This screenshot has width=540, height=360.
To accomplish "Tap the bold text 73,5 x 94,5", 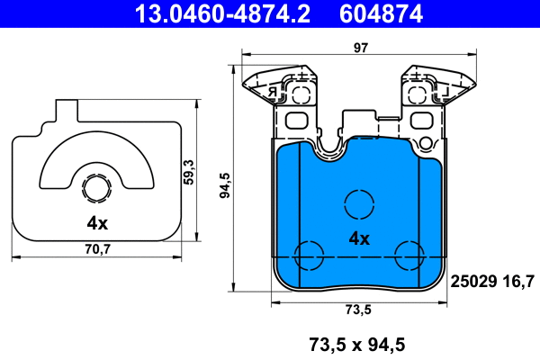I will pyautogui.click(x=357, y=343).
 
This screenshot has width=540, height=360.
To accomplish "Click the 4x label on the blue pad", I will pyautogui.click(x=359, y=238).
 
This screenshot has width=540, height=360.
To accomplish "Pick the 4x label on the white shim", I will pyautogui.click(x=97, y=222).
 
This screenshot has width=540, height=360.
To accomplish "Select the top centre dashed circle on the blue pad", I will pyautogui.click(x=359, y=203).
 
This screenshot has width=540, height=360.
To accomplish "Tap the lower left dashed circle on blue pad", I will pyautogui.click(x=310, y=256).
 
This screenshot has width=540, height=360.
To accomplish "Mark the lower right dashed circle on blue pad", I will pyautogui.click(x=408, y=256).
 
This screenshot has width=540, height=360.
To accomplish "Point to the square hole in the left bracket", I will pyautogui.click(x=296, y=121).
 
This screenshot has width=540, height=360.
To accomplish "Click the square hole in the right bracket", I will pyautogui.click(x=421, y=121).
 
